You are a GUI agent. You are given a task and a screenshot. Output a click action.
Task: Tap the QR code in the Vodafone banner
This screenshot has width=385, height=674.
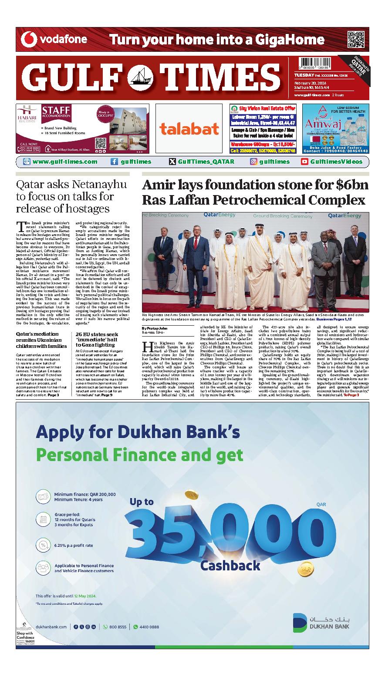click(x=356, y=40)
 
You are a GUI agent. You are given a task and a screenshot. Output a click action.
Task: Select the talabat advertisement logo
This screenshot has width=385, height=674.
click(x=189, y=128)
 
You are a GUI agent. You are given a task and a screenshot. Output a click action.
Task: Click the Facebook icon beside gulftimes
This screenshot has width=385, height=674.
click(x=114, y=162)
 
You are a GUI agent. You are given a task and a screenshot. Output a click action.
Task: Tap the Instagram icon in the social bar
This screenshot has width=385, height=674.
click(x=253, y=162)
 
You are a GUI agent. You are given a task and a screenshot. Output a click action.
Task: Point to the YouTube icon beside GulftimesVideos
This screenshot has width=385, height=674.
click(x=304, y=162)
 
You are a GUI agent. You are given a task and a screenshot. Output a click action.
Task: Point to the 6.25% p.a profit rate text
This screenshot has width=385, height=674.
click(x=74, y=545)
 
